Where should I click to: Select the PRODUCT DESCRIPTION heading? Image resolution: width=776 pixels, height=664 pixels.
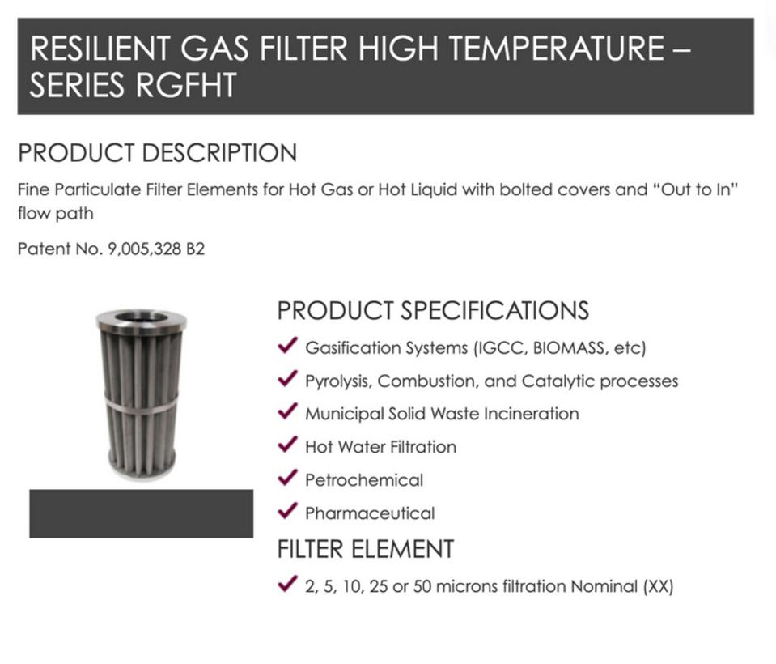(157, 152)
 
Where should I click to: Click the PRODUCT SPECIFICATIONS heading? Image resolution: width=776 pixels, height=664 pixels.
(433, 310)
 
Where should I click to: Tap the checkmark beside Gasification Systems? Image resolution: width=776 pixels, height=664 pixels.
(287, 345)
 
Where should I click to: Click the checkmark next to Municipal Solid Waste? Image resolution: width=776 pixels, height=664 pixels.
(287, 411)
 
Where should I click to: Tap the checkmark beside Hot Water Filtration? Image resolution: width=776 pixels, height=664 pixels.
(287, 445)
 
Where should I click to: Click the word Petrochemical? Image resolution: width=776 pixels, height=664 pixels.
(364, 480)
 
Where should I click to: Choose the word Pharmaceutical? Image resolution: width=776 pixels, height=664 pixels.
(370, 513)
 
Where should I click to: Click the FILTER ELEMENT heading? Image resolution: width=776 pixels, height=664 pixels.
(366, 549)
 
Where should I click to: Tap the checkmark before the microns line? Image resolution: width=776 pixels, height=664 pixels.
(287, 584)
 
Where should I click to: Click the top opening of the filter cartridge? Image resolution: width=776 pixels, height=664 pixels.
(142, 317)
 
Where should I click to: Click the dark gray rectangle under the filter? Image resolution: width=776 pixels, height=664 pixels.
(141, 513)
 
